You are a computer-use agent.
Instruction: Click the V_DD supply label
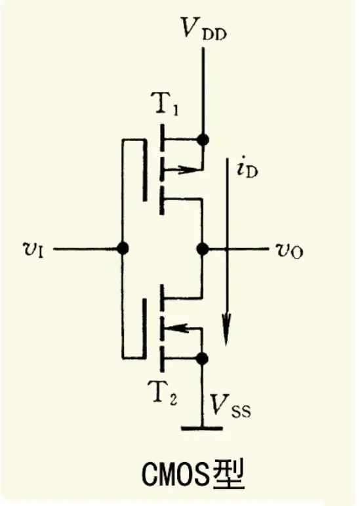coord(204,28)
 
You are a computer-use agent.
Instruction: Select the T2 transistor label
coord(165,391)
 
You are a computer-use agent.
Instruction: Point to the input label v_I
coord(34,249)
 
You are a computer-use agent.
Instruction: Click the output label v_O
coord(289,251)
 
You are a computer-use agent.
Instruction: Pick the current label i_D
coord(247,169)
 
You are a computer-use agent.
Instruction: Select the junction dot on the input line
coord(123,249)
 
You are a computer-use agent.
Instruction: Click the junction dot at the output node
coord(203,249)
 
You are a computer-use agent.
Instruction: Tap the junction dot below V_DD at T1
coord(203,140)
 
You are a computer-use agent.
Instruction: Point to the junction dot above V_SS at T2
coord(202,358)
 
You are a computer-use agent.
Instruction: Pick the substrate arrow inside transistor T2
coord(183,329)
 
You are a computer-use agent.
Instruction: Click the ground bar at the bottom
coord(202,428)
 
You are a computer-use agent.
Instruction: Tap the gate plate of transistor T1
coord(145,170)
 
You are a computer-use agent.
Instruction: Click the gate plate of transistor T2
coord(144,328)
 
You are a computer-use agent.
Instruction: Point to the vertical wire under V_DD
coord(203,94)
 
